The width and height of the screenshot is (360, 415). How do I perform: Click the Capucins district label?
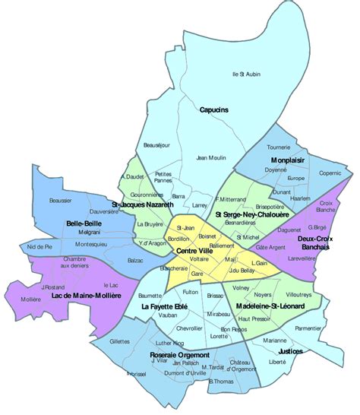[214, 110]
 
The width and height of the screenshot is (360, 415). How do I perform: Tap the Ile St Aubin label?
[245, 74]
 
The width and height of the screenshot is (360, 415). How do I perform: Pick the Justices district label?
[290, 352]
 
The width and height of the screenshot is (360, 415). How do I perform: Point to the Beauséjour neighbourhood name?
[156, 144]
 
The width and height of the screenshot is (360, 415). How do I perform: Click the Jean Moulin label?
[211, 158]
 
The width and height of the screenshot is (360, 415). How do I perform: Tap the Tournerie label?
[279, 147]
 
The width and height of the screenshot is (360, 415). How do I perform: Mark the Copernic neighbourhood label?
[330, 174]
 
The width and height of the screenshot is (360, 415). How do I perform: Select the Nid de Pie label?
[38, 247]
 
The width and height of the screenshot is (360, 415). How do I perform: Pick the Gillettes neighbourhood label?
[119, 342]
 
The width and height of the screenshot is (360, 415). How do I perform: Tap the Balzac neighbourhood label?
[135, 261]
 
